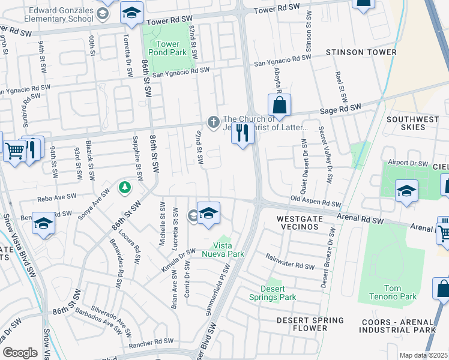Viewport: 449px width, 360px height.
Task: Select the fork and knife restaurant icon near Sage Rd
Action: pyautogui.click(x=243, y=133)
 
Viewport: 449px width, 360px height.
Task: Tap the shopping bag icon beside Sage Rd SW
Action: pyautogui.click(x=279, y=106)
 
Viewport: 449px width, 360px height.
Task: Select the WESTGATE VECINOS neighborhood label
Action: pyautogui.click(x=301, y=220)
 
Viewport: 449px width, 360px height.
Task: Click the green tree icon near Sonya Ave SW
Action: pyautogui.click(x=125, y=187)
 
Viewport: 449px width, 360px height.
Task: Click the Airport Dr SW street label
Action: pyautogui.click(x=407, y=164)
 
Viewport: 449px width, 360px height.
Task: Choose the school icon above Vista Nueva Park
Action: pyautogui.click(x=208, y=214)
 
